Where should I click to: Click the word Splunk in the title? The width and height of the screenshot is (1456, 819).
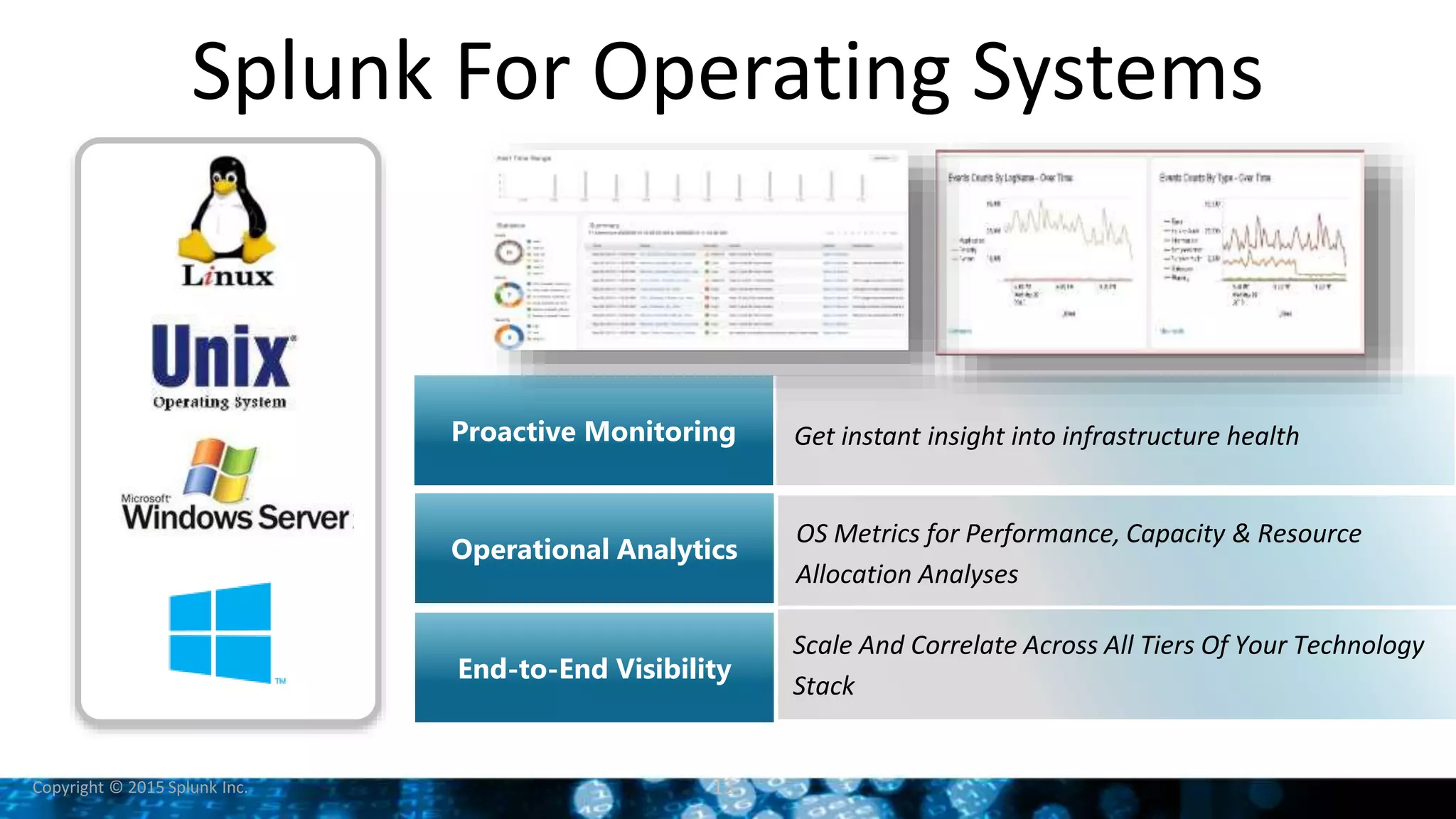pos(311,71)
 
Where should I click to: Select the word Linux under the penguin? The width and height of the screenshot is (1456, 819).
pos(227,276)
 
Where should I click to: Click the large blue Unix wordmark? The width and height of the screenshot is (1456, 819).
pos(221,355)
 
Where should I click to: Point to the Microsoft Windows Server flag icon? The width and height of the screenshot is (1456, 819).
pos(220,469)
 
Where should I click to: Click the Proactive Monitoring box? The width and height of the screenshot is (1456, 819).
pos(594,431)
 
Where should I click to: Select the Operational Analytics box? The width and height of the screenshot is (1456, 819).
pos(594,549)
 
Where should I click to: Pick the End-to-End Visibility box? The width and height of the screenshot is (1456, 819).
pos(594,668)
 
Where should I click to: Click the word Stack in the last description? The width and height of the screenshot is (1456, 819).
pos(823,685)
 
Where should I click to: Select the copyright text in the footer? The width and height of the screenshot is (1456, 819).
pos(139,787)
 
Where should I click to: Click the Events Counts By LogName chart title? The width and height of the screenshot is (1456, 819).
pos(1010,177)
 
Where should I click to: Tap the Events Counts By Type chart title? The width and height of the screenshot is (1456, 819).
pos(1214,177)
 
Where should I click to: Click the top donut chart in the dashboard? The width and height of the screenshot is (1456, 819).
pos(509,252)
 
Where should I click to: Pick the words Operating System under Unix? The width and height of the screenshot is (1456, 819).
pos(220,402)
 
